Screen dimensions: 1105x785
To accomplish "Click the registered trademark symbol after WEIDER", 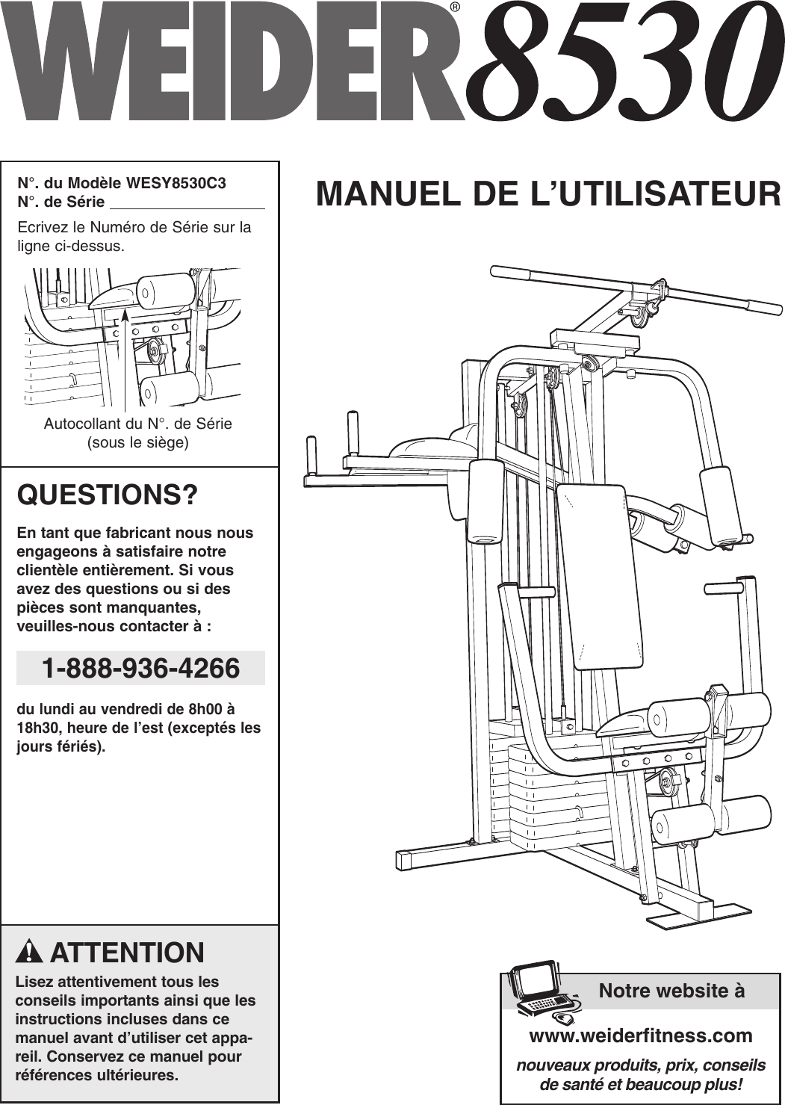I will [x=455, y=8].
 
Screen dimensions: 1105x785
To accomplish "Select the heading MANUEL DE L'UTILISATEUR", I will [x=548, y=194].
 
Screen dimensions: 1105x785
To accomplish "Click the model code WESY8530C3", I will [x=176, y=183].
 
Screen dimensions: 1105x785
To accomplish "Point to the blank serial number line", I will [x=187, y=203].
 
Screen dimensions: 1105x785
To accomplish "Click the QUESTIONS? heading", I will [x=108, y=495].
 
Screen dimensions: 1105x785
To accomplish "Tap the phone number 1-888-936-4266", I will [x=140, y=668].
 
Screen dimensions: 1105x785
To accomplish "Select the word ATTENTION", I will [x=127, y=953].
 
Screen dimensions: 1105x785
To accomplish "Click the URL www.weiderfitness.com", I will [x=640, y=1036].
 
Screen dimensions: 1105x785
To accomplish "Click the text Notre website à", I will [x=671, y=991].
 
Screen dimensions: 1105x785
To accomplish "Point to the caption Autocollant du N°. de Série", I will [x=138, y=424].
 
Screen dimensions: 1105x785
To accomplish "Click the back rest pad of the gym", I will [x=602, y=575].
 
